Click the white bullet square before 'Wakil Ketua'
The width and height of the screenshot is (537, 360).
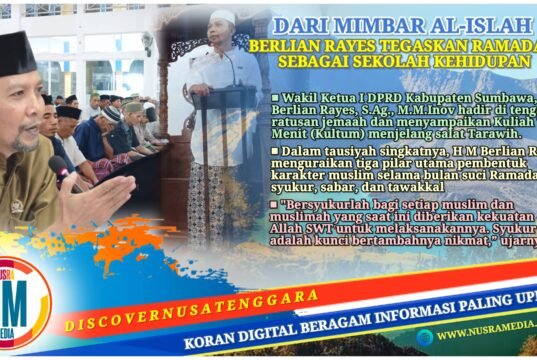point(275,97)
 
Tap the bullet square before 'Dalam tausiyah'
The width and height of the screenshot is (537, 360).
point(275,150)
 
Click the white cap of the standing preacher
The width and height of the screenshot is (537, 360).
point(223,16)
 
